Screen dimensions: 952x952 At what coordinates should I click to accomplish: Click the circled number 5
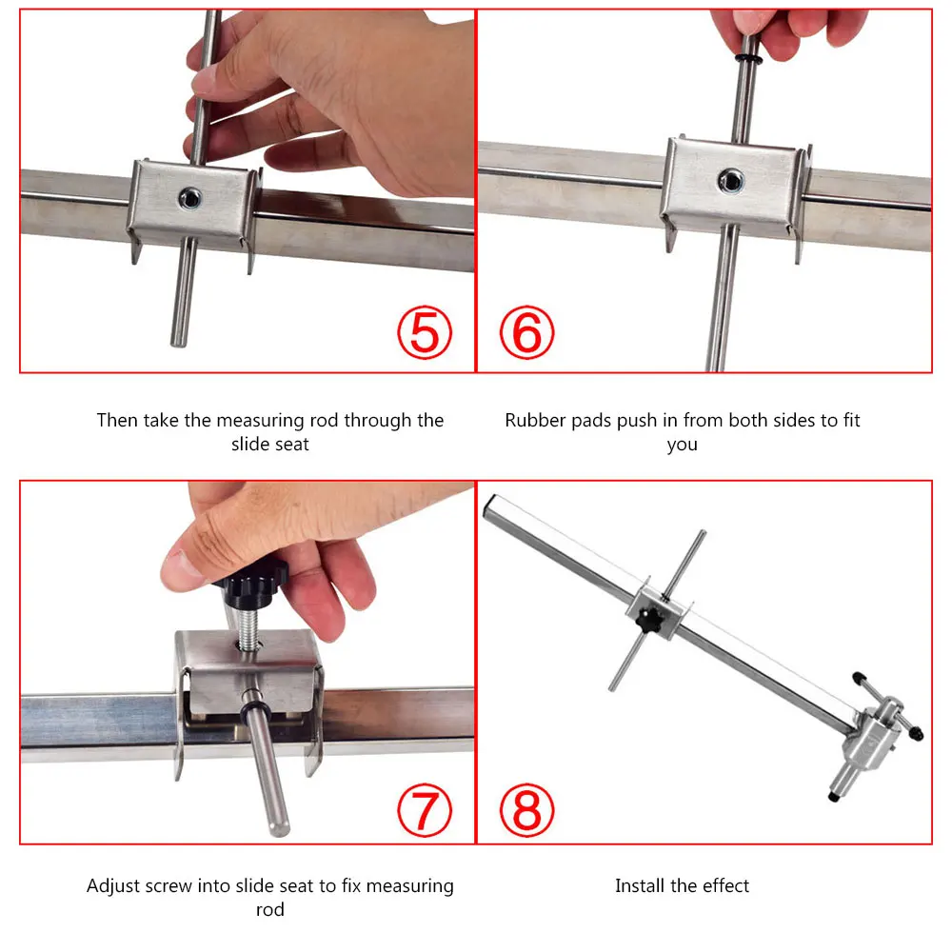point(425,332)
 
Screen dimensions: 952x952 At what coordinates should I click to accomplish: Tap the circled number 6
point(526,332)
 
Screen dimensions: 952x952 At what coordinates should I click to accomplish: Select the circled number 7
point(425,810)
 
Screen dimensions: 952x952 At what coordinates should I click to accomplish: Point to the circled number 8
point(526,810)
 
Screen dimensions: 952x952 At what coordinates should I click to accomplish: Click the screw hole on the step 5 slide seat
point(190,198)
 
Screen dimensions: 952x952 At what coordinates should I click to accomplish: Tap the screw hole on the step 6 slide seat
point(730,180)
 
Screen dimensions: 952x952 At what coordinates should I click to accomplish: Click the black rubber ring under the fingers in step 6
point(747,59)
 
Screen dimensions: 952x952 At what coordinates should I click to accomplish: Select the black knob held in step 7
point(250,584)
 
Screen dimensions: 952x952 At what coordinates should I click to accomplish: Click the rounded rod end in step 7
point(279,827)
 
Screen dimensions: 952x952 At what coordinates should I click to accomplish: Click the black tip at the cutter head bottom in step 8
point(834,797)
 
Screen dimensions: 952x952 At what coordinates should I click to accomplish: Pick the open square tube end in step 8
point(490,506)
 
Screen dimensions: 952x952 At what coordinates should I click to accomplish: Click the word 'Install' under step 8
point(640,885)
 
